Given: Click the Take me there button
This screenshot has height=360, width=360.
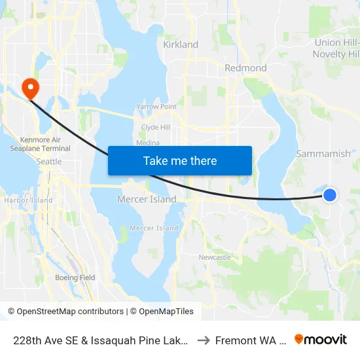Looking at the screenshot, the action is pos(180,160).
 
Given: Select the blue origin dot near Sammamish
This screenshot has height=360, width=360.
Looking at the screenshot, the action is pos(330,194).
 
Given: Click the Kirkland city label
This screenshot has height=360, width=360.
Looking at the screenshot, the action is pos(181,45).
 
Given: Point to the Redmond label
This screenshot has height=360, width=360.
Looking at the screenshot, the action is pos(245,68).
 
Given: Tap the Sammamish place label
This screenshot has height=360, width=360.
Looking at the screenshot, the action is pos(323,154).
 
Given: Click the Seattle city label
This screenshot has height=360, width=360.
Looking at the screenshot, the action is pos(49,162).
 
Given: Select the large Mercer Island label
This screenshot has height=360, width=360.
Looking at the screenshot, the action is pos(147,199).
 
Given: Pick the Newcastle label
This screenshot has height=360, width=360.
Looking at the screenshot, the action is pos(215,257).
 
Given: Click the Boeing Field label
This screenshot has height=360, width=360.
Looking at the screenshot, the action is pos(75,278).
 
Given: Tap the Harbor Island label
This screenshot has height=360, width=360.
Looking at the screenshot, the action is pos(28,200).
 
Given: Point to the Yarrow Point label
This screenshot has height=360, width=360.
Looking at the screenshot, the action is pos(156,106).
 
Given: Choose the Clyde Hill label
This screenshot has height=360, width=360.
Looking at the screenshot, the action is pos(156,128).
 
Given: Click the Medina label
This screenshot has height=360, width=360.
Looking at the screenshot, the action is pos(148,143).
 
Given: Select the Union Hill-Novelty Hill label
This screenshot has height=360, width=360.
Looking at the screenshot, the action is pos(336,48).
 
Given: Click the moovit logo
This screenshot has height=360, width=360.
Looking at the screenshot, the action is pos(321,339).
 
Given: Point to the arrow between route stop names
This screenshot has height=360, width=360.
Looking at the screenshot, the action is pos(205,340).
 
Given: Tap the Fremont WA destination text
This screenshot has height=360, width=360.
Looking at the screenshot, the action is pos(251,340).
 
